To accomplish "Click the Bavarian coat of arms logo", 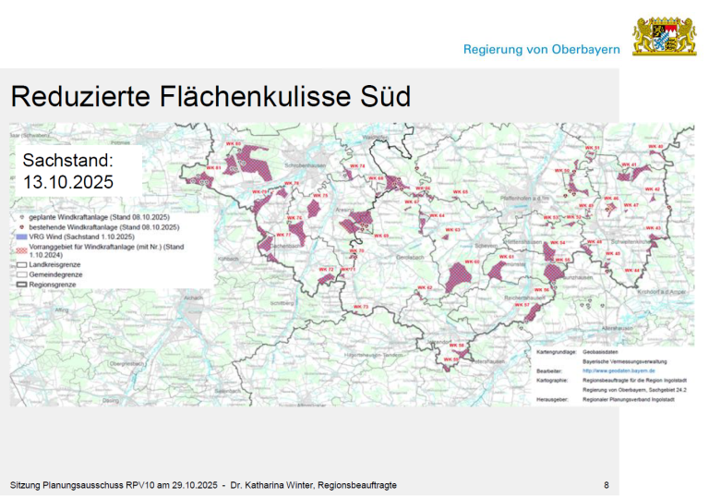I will pos(664,36).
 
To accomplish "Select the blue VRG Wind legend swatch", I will pos(19,237).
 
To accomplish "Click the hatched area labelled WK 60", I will pos(459,274).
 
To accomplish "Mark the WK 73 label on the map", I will pos(359,306).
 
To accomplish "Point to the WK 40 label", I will pos(656,147).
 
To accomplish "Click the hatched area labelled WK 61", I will pos(499,271).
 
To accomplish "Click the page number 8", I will pos(606,485).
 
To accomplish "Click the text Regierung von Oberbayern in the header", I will pos(541,49).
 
